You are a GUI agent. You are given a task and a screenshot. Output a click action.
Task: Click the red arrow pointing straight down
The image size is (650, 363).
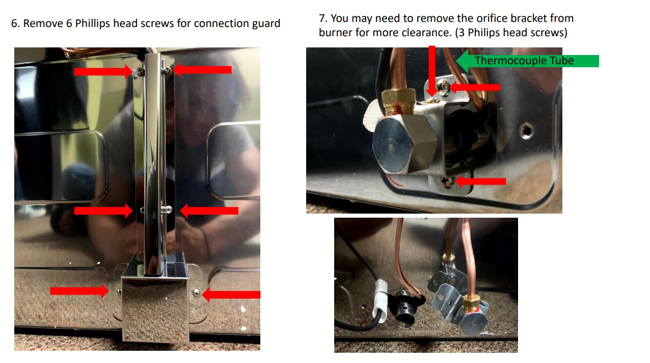click(432, 69)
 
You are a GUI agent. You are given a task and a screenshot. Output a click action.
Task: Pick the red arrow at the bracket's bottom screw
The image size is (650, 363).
click(481, 181)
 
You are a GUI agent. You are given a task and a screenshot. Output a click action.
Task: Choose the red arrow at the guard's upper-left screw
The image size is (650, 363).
click(102, 72)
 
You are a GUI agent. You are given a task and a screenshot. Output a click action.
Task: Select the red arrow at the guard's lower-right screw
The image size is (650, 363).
click(231, 294)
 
